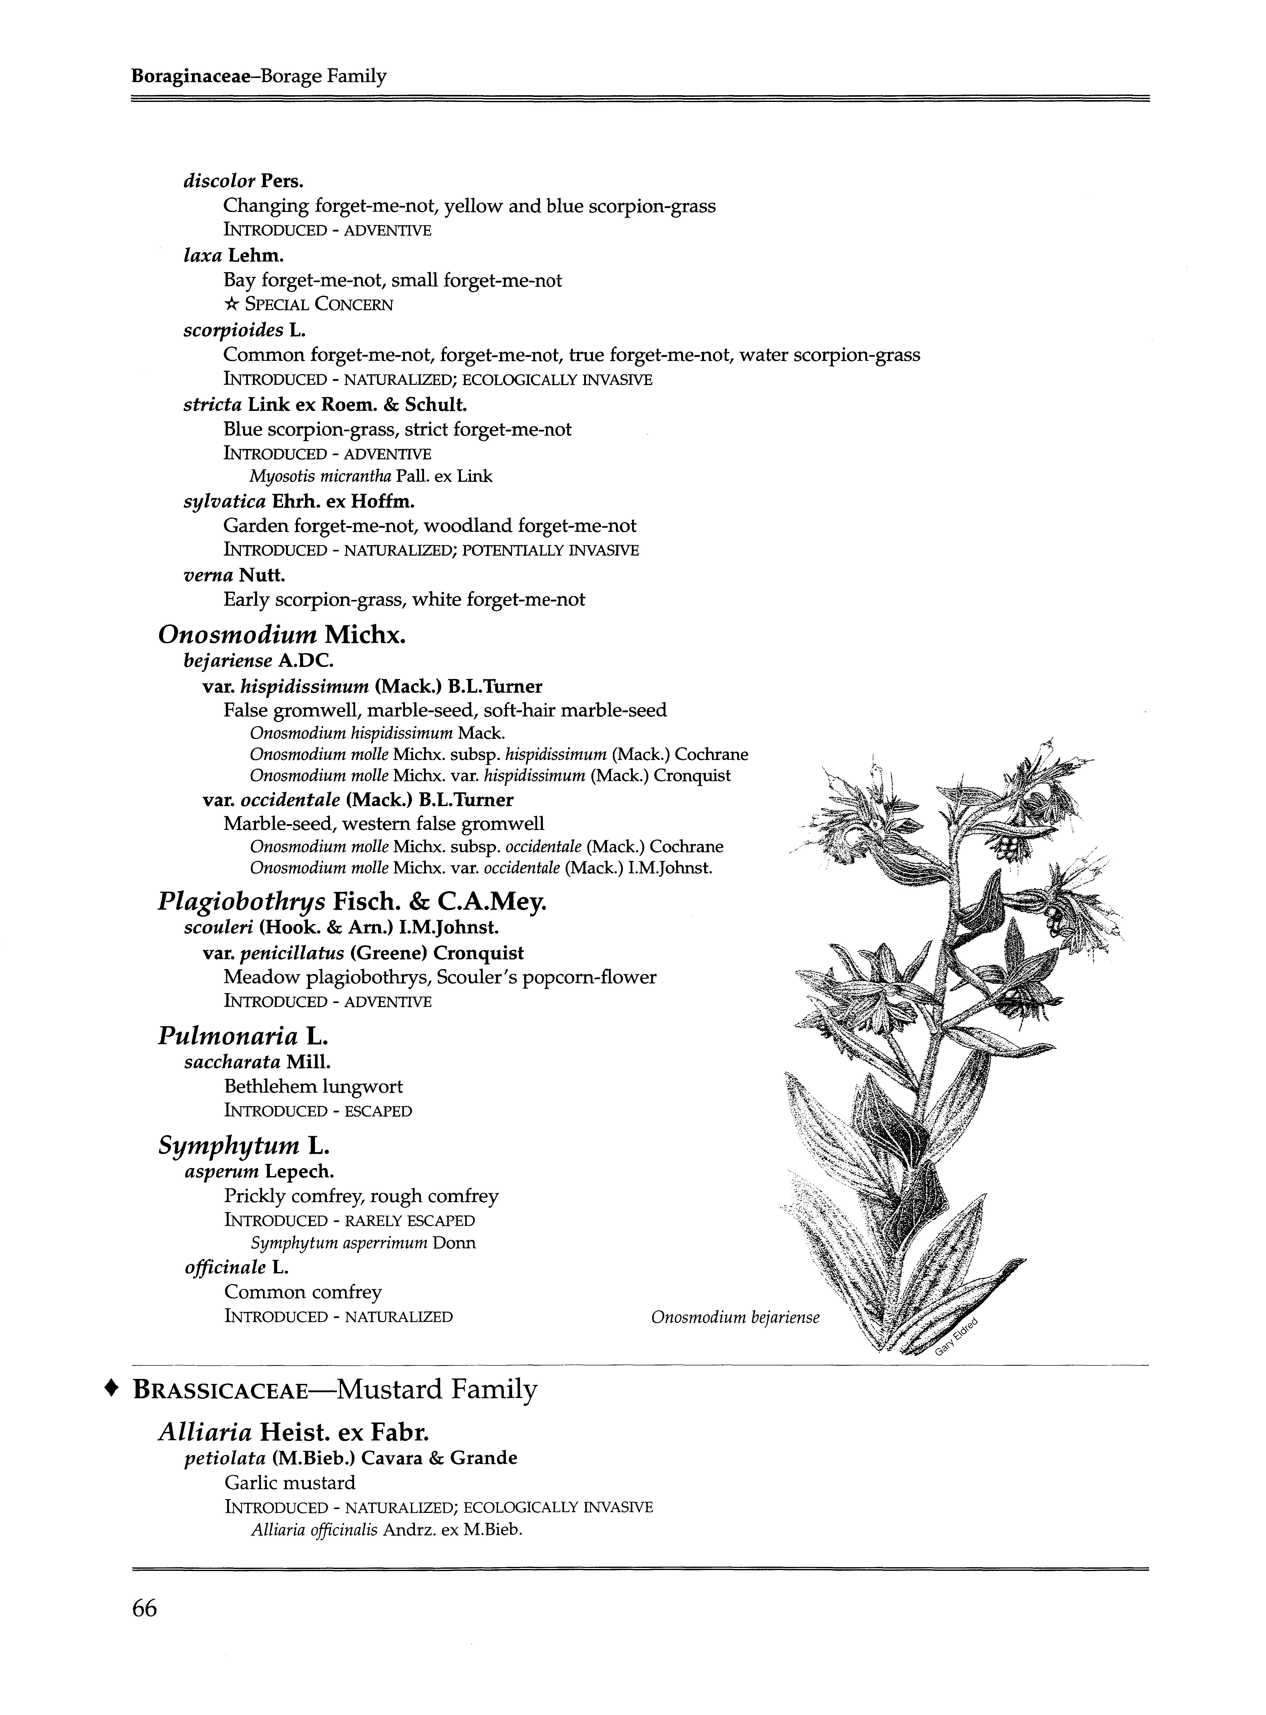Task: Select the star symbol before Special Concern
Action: pyautogui.click(x=231, y=304)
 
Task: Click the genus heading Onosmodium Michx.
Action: pyautogui.click(x=281, y=635)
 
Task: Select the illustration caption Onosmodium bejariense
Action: pyautogui.click(x=735, y=1317)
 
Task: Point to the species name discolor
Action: pyautogui.click(x=219, y=182)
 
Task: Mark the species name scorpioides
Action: pyautogui.click(x=234, y=330)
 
